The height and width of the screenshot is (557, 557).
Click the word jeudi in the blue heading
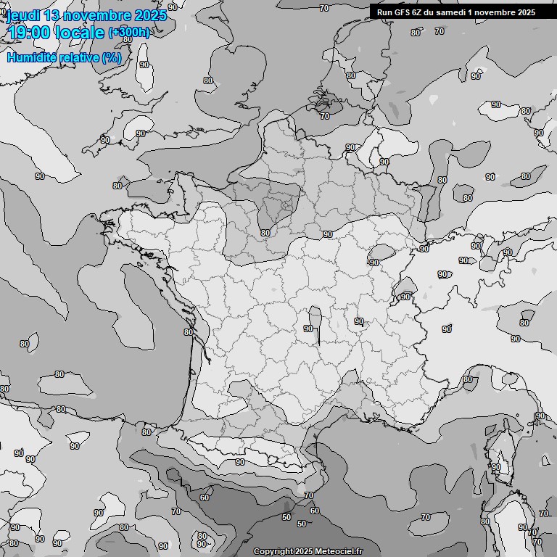22,15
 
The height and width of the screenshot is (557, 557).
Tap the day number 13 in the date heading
52,15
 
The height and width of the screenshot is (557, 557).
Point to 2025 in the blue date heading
149,15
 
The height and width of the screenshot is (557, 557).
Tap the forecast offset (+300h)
129,33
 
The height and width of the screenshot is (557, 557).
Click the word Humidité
31,57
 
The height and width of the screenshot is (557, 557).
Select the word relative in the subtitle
77,57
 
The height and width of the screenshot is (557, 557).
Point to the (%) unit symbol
111,57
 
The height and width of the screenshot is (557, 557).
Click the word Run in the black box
384,12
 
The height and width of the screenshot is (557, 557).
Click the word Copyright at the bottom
274,552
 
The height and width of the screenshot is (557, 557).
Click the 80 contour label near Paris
265,233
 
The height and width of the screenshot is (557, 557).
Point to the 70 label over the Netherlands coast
324,116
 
